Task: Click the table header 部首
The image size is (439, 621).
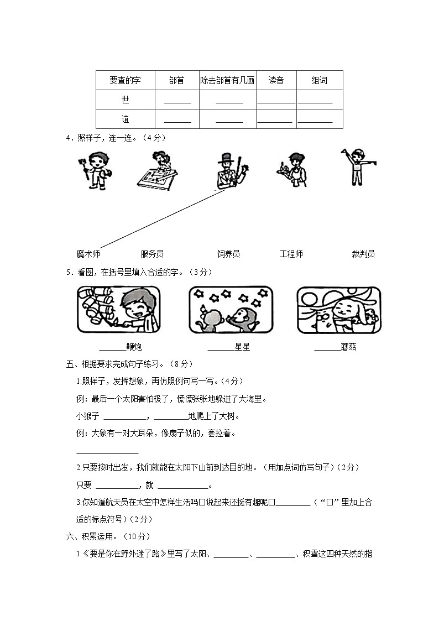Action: tap(176, 81)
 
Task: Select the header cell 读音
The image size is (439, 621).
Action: tap(276, 81)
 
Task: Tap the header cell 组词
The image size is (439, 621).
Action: tap(320, 81)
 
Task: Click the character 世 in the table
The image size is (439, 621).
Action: tap(126, 100)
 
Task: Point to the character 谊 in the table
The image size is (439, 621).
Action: tap(126, 119)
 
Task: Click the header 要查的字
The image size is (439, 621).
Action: tap(125, 81)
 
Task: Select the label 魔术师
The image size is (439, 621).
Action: tap(88, 254)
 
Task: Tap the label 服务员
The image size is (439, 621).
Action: tap(152, 254)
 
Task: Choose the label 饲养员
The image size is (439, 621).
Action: tap(228, 254)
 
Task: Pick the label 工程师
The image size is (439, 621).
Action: tap(291, 254)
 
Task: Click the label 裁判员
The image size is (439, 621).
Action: tap(363, 254)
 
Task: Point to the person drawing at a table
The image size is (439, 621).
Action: tap(158, 171)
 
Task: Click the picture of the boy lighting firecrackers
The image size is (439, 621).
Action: tap(119, 309)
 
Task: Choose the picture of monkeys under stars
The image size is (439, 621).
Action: tap(231, 309)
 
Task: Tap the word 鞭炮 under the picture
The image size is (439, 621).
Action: tap(134, 347)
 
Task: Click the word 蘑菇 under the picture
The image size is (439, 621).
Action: tap(349, 347)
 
